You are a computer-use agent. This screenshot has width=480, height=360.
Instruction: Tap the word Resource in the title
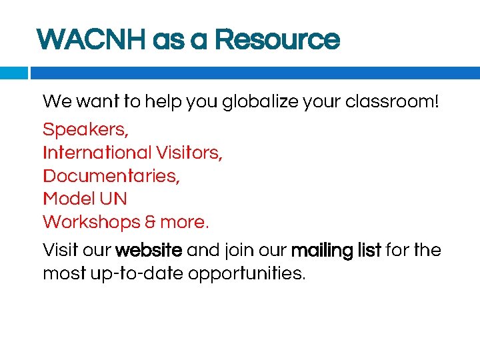click(277, 39)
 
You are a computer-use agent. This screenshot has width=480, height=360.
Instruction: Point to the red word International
click(97, 153)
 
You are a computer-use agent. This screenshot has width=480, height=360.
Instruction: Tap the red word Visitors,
click(189, 153)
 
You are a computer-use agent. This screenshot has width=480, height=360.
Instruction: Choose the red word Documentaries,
click(111, 176)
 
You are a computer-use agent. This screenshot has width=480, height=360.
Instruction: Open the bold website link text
click(149, 251)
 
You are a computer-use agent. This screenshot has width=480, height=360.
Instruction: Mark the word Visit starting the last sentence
click(59, 251)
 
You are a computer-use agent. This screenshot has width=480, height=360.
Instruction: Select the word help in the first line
click(164, 102)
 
